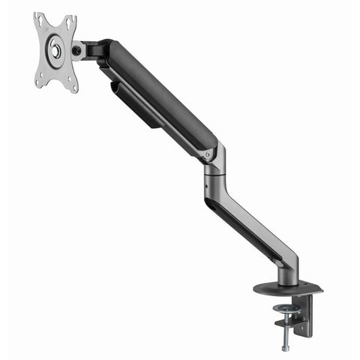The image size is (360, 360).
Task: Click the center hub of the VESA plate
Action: click(x=55, y=52)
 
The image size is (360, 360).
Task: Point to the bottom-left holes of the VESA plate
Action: click(x=39, y=79)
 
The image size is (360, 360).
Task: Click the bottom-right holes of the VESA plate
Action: click(x=73, y=85)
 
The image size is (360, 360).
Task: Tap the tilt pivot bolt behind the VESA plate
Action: click(x=76, y=51)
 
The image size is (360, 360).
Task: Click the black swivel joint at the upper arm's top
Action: click(x=96, y=49)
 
